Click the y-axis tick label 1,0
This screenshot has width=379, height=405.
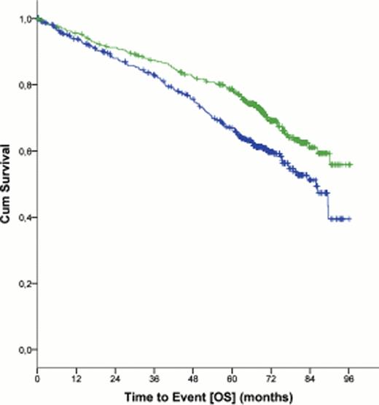[x=25, y=19]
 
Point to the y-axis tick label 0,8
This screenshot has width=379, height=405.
[x=25, y=85]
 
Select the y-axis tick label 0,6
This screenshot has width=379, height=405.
[x=25, y=152]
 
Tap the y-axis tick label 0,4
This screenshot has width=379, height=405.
[x=25, y=217]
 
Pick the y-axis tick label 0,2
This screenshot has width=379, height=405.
[x=25, y=283]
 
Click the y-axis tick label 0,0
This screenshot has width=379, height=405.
[x=25, y=350]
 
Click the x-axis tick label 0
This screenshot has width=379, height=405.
[x=37, y=378]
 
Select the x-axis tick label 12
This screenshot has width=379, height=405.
[x=76, y=378]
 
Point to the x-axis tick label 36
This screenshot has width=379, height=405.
[x=154, y=378]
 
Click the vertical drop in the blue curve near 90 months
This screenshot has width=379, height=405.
[x=329, y=205]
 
